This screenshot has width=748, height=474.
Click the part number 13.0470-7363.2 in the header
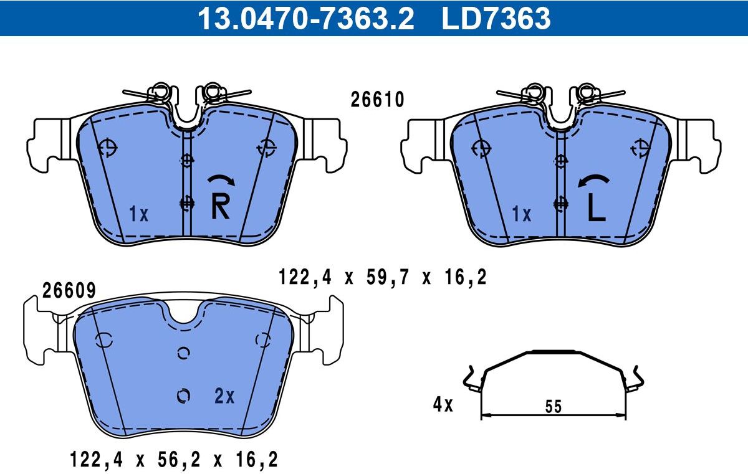click(306, 19)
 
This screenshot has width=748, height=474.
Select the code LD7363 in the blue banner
click(496, 19)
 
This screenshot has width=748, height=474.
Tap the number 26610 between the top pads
click(377, 100)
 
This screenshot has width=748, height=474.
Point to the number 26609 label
click(69, 290)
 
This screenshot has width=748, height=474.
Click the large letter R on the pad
click(221, 207)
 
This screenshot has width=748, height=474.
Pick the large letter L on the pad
click(597, 208)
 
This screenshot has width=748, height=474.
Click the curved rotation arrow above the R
click(221, 179)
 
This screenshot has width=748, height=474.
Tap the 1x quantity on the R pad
click(138, 214)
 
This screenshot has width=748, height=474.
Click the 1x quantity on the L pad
click(521, 214)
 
